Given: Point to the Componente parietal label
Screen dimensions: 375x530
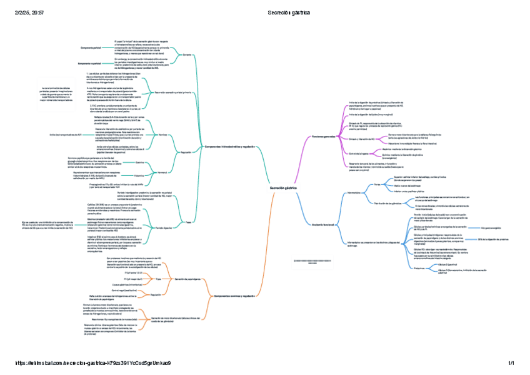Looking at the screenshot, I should pos(91,47).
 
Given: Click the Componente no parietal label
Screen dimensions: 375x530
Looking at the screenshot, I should pos(89,64).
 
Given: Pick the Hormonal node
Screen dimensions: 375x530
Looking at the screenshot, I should pos(162,170).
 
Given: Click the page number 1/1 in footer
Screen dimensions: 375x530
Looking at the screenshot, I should pos(511,363).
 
